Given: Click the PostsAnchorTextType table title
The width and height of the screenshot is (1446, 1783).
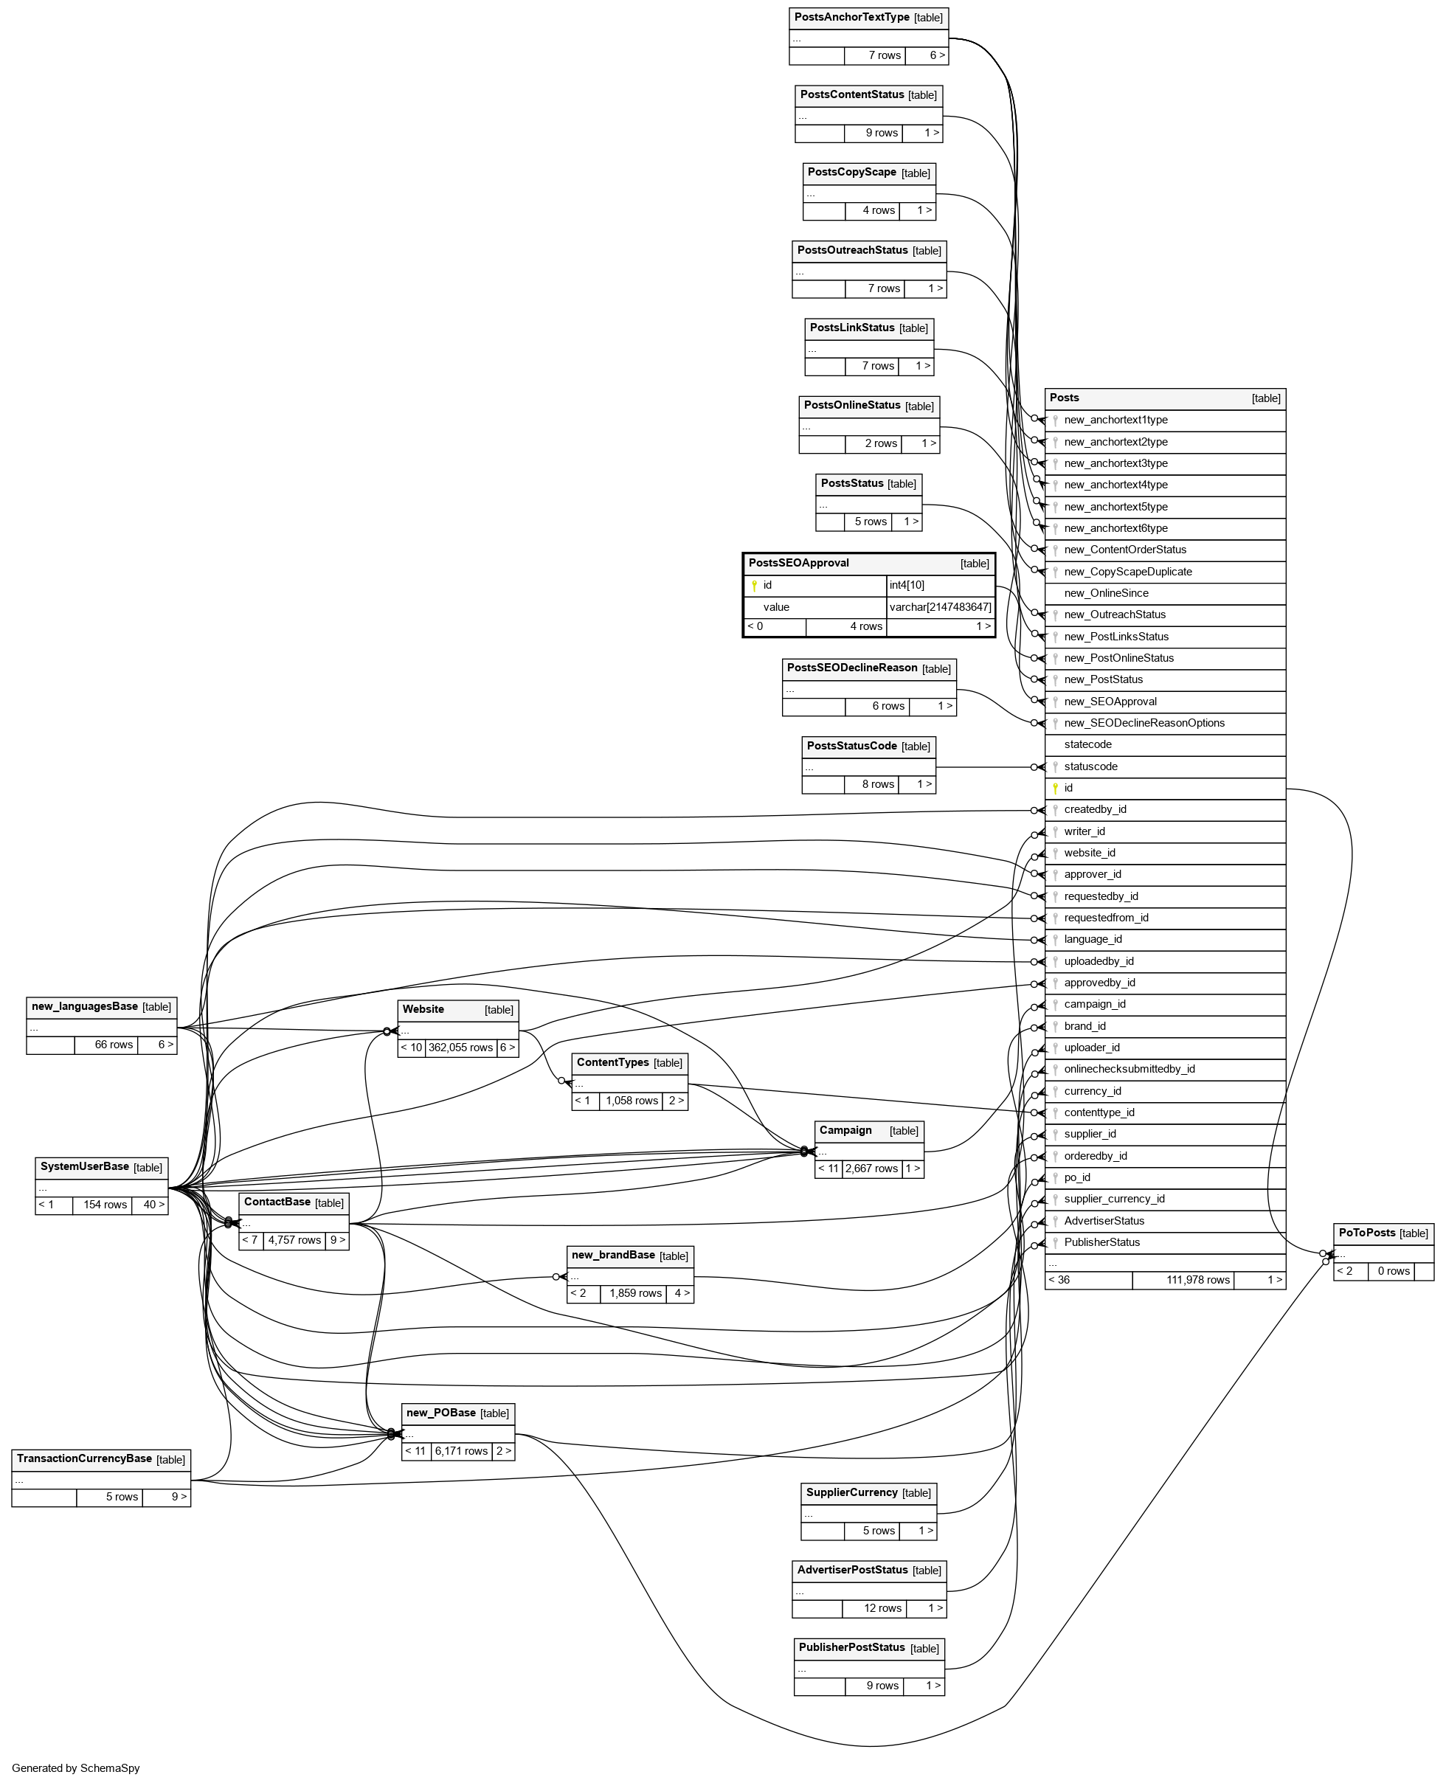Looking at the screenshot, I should (x=851, y=18).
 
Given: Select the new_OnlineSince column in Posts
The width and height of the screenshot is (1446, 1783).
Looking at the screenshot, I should (x=1105, y=593).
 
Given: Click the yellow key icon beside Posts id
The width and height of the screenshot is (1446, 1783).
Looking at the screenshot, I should (x=1055, y=788).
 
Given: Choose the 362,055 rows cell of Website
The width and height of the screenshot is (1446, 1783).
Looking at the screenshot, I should (x=460, y=1048).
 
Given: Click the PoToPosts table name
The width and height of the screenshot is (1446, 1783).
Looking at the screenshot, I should (x=1367, y=1233).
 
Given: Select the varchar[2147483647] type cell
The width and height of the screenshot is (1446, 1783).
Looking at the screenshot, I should (x=941, y=607).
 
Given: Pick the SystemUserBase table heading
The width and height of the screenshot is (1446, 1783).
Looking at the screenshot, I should (x=84, y=1167).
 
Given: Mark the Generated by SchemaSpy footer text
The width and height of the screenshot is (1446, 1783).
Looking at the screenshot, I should (x=76, y=1768).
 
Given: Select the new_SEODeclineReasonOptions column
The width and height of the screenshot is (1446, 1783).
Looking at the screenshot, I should (x=1144, y=723).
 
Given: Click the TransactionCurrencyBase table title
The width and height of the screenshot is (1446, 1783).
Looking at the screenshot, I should (x=84, y=1459).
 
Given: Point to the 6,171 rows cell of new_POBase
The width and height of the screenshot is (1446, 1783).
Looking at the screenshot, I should (x=460, y=1452).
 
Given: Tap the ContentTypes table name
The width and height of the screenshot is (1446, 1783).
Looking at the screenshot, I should (x=612, y=1062).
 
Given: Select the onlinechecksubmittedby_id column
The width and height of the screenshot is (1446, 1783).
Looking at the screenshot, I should (x=1129, y=1070).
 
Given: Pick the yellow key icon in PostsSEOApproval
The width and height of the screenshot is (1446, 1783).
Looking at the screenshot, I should (x=755, y=586).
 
